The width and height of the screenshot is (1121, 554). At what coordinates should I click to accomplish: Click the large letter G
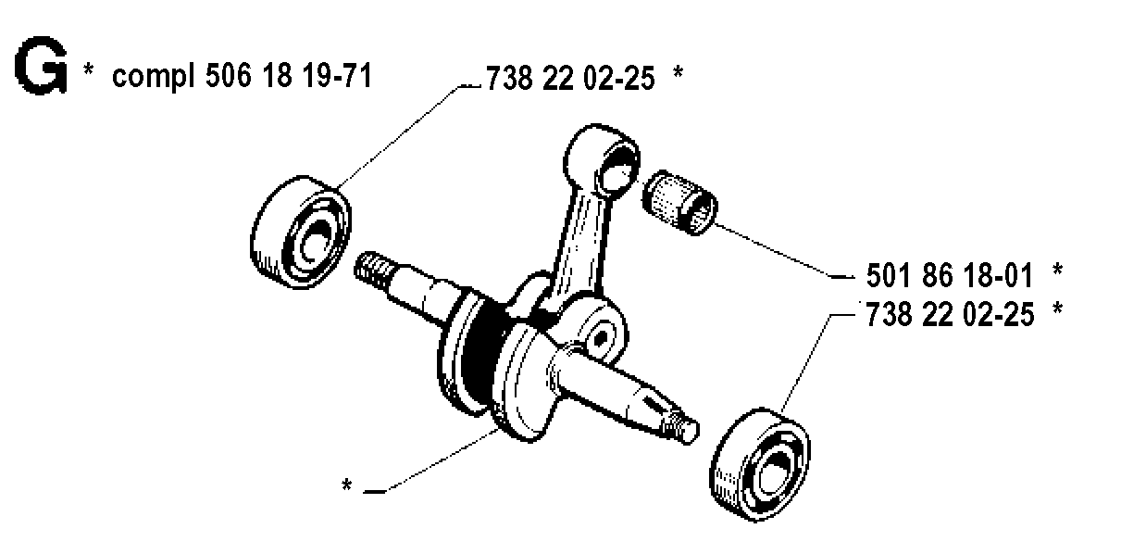41,65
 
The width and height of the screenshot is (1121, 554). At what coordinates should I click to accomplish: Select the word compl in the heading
153,78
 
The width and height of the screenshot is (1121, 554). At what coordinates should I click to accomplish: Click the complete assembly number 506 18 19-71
289,76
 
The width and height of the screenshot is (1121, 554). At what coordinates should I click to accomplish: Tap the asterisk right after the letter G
88,69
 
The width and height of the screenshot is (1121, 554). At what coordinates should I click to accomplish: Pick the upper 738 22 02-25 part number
570,79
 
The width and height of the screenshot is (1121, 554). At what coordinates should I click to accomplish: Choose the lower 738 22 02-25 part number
950,315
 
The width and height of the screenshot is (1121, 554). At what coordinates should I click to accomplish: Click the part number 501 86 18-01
950,275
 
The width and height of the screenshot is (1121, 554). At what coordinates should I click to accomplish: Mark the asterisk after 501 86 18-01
1057,270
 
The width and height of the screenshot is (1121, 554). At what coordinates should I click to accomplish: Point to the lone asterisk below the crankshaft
346,485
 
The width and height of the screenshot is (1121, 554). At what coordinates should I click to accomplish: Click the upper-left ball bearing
301,233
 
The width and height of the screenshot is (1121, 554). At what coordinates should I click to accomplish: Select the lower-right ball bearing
760,464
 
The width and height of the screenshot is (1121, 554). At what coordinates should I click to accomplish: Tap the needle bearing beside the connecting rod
679,202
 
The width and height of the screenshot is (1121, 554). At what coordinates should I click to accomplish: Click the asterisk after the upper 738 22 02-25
678,71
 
